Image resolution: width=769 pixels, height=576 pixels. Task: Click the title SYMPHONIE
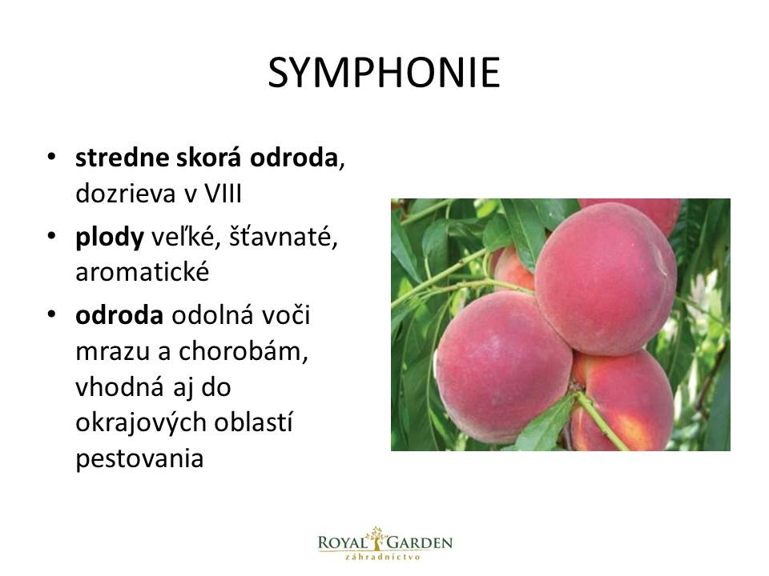[x=384, y=73]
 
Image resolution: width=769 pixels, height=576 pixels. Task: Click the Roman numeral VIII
[x=223, y=194]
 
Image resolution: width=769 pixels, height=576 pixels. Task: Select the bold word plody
[x=110, y=238]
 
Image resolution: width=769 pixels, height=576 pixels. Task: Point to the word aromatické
[x=143, y=272]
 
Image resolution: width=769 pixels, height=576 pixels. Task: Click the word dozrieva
[x=126, y=194]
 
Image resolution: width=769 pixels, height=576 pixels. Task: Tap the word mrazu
[x=112, y=352]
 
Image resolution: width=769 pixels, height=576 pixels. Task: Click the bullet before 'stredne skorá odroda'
[x=51, y=158]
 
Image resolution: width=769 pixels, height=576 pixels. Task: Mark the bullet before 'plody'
[x=51, y=236]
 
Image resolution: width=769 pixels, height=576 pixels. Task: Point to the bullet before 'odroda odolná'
[x=51, y=314]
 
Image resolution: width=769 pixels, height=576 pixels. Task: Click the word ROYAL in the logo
[x=342, y=542]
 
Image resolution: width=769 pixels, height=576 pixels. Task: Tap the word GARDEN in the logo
[x=420, y=542]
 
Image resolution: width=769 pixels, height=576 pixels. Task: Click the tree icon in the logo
[x=376, y=538]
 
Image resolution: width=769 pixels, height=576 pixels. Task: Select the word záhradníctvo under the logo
[x=384, y=557]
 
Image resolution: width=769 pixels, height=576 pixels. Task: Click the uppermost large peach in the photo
[x=606, y=278]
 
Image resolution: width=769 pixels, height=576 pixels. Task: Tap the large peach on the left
[x=503, y=366]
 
